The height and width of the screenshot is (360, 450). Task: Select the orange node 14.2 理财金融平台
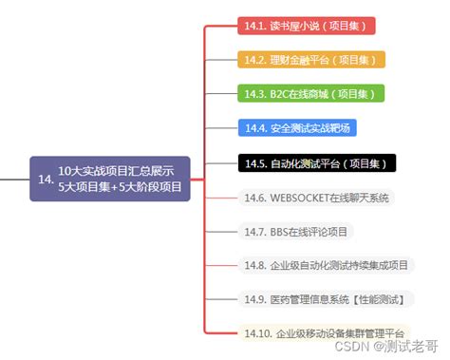click(310, 59)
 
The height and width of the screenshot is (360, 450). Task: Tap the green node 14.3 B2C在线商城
click(309, 93)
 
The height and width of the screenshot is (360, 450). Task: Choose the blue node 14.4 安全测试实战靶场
click(299, 127)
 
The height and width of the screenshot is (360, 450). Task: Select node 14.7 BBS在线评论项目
click(295, 231)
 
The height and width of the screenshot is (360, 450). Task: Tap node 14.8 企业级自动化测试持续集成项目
click(326, 265)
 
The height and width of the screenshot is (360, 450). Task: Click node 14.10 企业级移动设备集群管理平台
click(324, 333)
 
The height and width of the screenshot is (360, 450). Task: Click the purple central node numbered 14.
click(110, 179)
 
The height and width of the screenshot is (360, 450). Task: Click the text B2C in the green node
click(281, 93)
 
